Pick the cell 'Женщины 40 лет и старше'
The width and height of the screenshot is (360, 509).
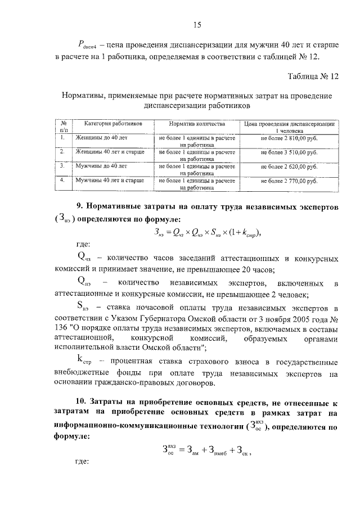tap(110, 152)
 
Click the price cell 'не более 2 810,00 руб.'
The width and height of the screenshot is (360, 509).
tap(289, 137)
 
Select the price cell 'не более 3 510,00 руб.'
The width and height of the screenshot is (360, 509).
tap(289, 152)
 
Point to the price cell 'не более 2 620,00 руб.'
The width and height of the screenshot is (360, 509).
tap(289, 167)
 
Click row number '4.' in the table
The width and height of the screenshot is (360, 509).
tap(64, 181)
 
